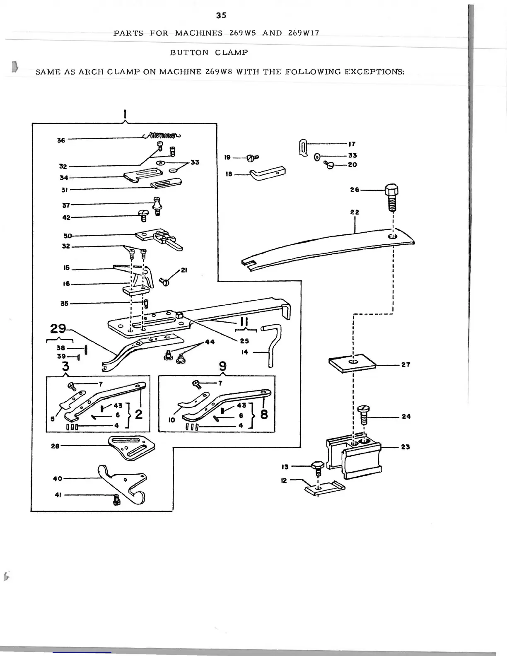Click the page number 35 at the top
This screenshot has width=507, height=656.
coord(221,15)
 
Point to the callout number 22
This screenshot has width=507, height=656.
coord(354,212)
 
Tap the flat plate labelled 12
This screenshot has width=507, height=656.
coord(324,488)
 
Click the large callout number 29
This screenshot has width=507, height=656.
coord(58,329)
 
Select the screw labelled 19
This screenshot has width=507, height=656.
coord(251,157)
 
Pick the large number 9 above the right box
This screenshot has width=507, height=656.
coord(222,367)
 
